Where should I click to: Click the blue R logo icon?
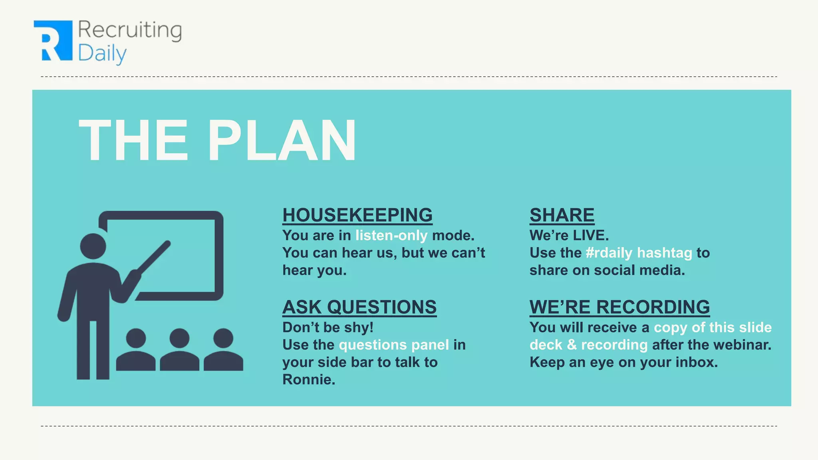(x=53, y=41)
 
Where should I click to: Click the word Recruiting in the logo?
(x=130, y=30)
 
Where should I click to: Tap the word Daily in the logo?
(x=102, y=54)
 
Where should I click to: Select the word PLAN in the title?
(x=281, y=141)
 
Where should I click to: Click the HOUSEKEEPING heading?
(x=357, y=215)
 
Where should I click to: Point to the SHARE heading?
(x=562, y=215)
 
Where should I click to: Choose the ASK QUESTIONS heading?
(x=359, y=307)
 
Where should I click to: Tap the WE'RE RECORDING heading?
(x=619, y=307)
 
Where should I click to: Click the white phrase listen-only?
(x=391, y=236)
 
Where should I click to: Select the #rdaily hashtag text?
(x=639, y=253)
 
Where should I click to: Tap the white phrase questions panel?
(x=394, y=345)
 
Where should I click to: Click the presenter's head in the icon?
(x=93, y=246)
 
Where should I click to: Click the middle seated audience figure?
(x=179, y=349)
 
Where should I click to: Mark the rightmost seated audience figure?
(x=223, y=349)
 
